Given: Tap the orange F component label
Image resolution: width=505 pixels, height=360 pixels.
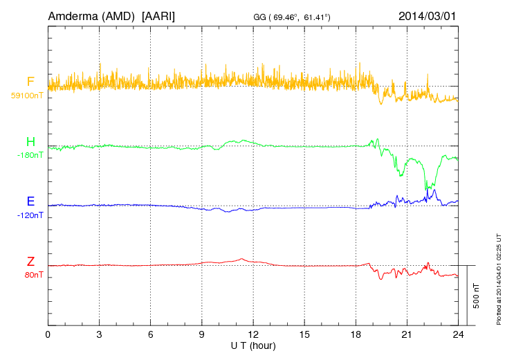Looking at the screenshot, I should point(30,82).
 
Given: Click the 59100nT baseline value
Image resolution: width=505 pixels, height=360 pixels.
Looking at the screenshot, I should point(26,96).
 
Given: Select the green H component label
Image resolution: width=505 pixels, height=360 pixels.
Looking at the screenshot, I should point(30,142).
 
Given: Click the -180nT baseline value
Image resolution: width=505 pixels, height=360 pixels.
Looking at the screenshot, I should point(29,155).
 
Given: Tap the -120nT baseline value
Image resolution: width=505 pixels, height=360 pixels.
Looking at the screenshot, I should point(29,215).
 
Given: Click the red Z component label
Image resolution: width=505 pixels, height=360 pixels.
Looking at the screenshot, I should point(30,262).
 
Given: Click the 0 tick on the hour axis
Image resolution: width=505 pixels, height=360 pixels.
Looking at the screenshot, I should point(48,334).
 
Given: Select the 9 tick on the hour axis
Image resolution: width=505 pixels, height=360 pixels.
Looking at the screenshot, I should point(202,334).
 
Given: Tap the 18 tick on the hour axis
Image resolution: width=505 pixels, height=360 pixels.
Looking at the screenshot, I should point(356,334).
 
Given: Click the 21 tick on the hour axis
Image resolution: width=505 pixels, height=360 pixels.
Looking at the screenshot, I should point(407,334).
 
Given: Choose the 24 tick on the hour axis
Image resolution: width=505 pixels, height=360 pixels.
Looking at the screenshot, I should point(458,334).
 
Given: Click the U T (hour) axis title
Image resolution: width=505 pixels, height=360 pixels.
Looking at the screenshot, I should point(253,345).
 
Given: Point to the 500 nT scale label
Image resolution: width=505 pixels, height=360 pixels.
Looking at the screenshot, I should point(477,295).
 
